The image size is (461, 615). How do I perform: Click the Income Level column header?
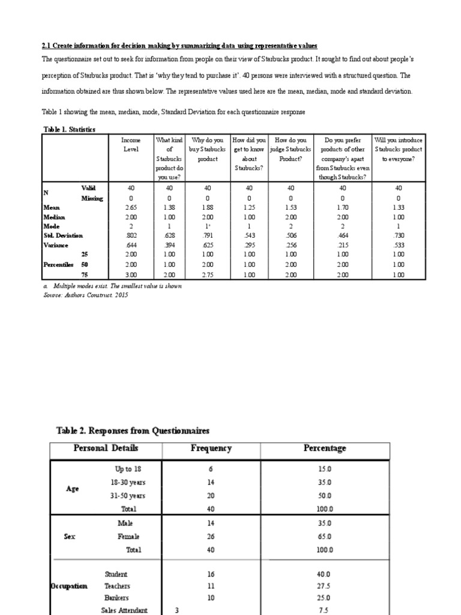click(131, 145)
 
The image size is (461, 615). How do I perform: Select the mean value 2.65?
click(131, 207)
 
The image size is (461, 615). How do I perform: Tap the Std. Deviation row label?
click(63, 235)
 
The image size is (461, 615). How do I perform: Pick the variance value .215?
click(342, 245)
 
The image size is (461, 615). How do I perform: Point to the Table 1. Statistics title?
click(69, 129)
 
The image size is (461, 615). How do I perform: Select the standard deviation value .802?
click(131, 235)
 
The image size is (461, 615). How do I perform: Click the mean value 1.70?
click(342, 207)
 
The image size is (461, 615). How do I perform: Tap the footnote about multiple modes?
click(113, 286)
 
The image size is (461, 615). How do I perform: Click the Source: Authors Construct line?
click(86, 295)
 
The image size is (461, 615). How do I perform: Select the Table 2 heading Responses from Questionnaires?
click(133, 430)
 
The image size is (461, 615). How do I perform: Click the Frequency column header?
click(211, 449)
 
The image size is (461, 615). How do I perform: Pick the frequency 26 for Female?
click(211, 536)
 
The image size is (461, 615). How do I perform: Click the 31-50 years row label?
click(128, 495)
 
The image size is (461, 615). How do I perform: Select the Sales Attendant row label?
click(124, 610)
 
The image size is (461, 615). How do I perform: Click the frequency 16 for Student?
click(211, 574)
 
